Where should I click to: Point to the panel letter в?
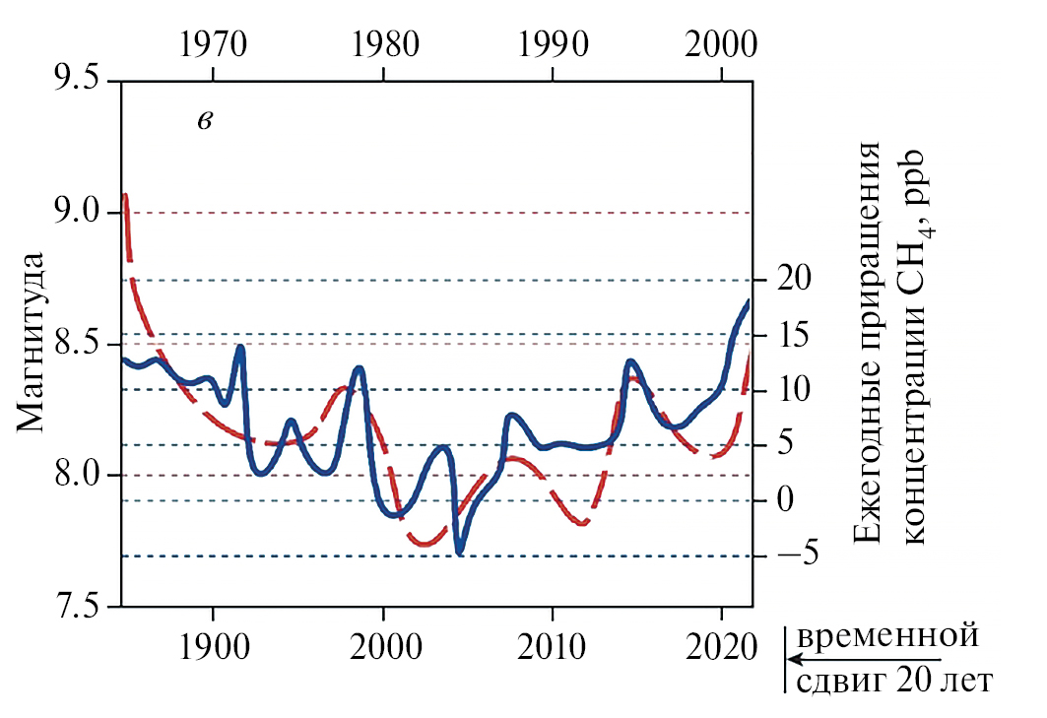coord(205,121)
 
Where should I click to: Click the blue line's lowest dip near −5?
coord(459,551)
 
